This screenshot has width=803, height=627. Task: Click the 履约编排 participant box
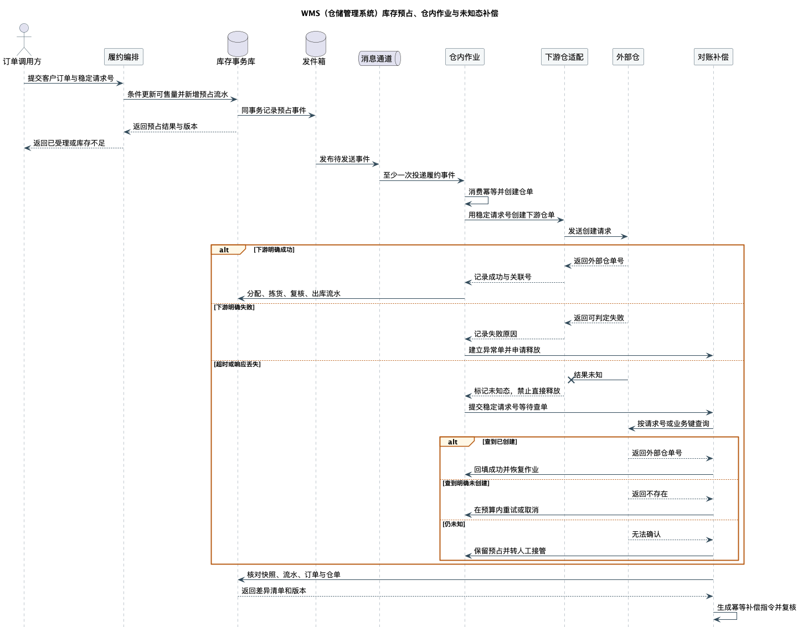123,57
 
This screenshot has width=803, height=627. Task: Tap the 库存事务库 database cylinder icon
238,44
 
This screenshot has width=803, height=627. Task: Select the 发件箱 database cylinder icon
316,44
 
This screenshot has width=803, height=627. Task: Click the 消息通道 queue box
379,58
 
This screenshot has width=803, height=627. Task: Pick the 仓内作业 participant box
465,57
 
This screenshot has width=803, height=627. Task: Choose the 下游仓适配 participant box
564,57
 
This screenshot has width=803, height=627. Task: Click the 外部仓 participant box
628,57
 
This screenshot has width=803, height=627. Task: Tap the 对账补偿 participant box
713,57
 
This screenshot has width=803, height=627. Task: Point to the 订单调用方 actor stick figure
24,39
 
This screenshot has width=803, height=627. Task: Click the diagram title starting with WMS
399,13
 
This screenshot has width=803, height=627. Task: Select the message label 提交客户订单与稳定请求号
70,78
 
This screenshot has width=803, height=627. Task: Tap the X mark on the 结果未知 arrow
571,380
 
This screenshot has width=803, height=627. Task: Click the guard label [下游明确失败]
234,307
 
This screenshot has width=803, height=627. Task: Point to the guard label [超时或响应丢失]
237,364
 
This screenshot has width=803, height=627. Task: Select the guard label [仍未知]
454,524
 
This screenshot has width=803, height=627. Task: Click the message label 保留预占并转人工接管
510,551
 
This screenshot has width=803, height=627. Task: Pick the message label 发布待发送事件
344,159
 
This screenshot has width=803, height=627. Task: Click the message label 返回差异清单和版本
274,591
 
